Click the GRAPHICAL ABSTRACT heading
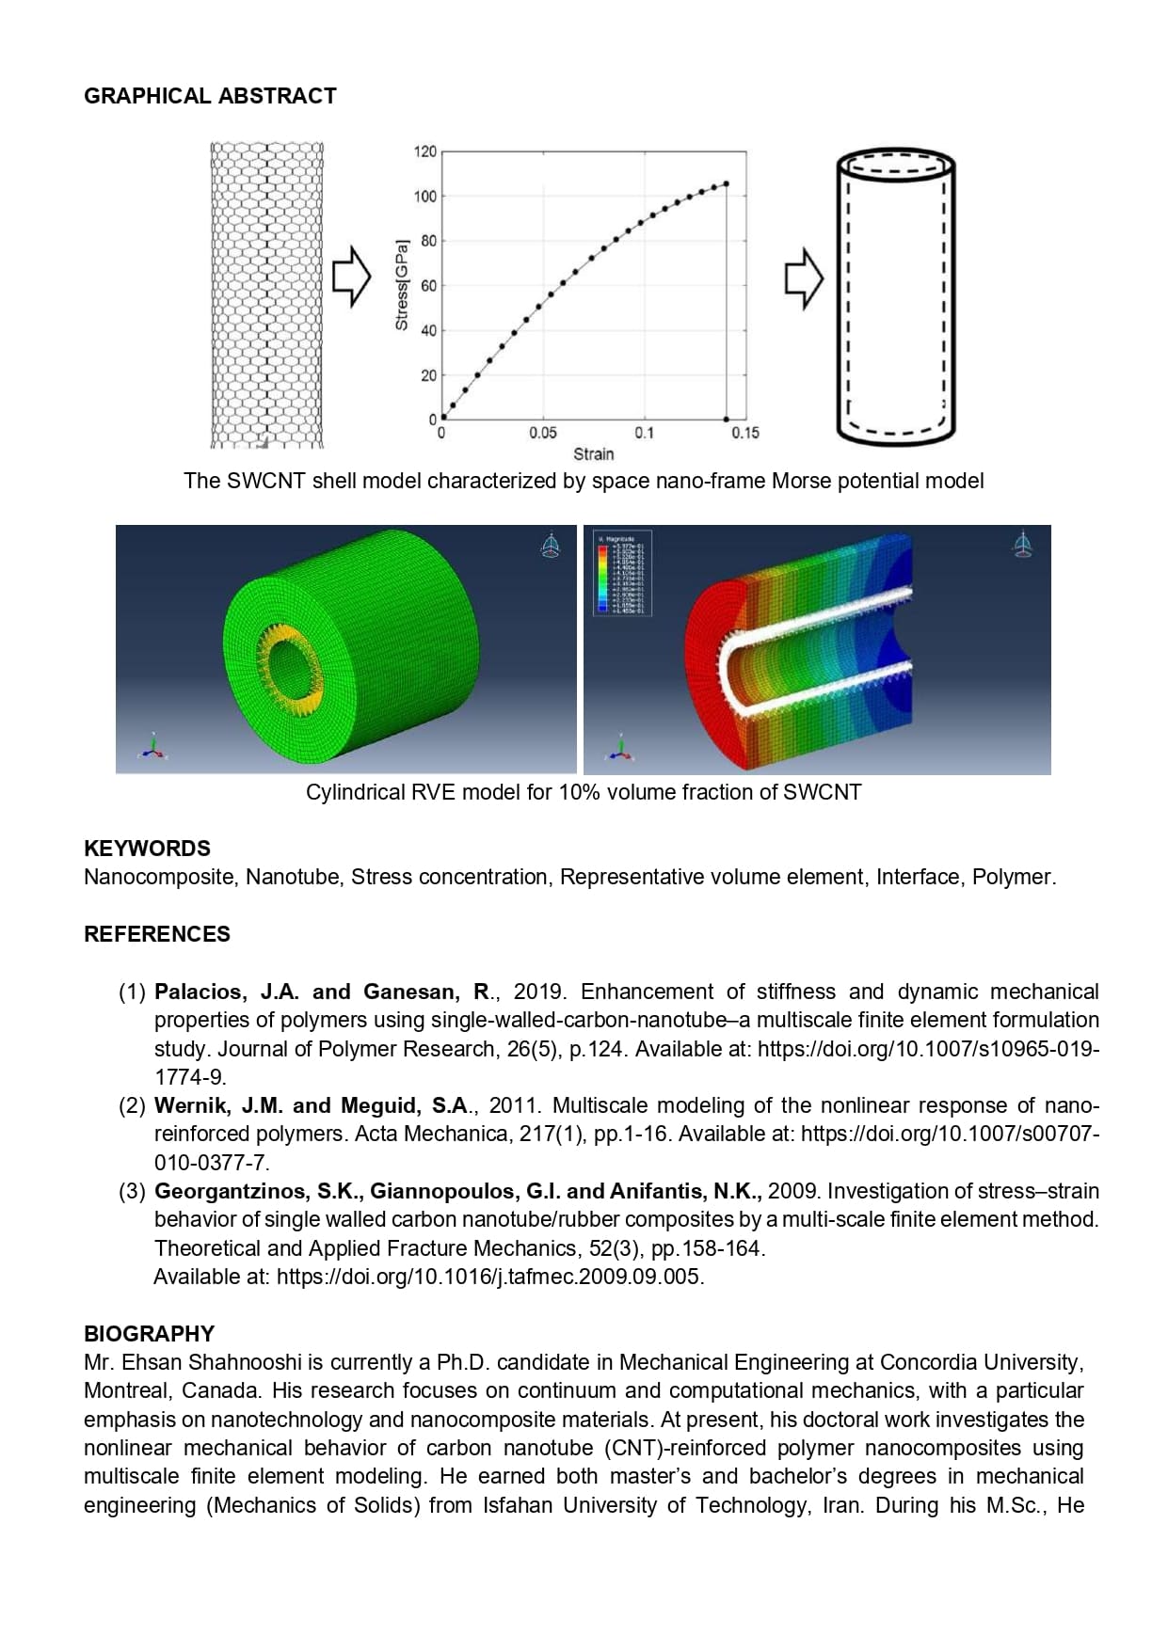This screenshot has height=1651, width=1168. [x=210, y=96]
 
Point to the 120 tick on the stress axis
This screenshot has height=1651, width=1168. [x=424, y=151]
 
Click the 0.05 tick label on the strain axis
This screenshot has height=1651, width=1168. [x=542, y=433]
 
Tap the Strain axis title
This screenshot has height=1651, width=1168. [x=593, y=454]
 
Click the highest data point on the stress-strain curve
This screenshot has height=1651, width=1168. [x=726, y=184]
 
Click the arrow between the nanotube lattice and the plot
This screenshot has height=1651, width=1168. [x=352, y=277]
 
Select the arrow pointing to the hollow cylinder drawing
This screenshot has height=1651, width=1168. [x=804, y=278]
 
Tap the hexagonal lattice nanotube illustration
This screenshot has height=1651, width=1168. [x=267, y=294]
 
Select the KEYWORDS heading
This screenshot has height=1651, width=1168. [x=147, y=849]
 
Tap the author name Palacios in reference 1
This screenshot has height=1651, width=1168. [x=200, y=992]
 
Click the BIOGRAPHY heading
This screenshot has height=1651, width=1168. [x=149, y=1334]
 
